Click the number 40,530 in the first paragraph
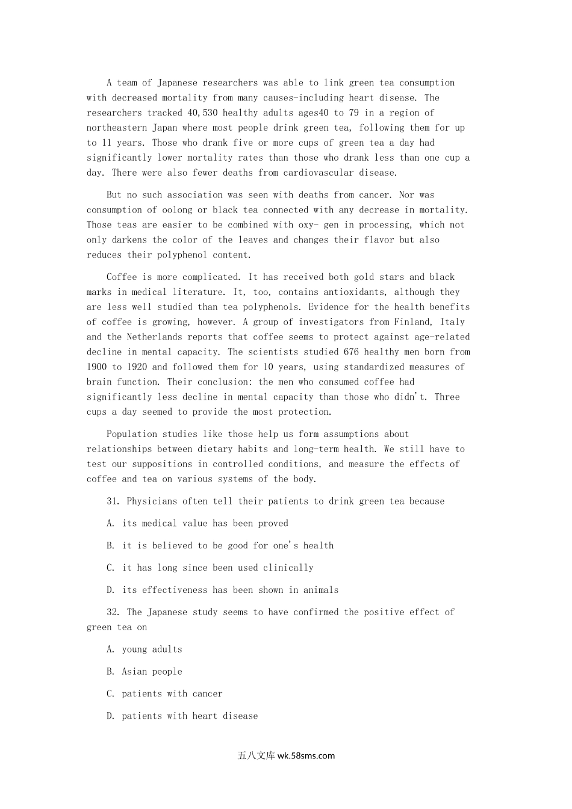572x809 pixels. [x=202, y=113]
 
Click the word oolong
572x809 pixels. [x=177, y=210]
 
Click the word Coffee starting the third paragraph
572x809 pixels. [x=122, y=277]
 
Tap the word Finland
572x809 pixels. [x=412, y=322]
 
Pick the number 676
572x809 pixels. [x=351, y=352]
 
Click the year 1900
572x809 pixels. [x=97, y=367]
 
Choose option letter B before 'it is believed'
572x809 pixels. [x=111, y=546]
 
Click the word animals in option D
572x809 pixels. [x=321, y=590]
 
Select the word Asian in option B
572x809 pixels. [x=134, y=672]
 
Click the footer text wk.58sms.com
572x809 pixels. [x=306, y=756]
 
